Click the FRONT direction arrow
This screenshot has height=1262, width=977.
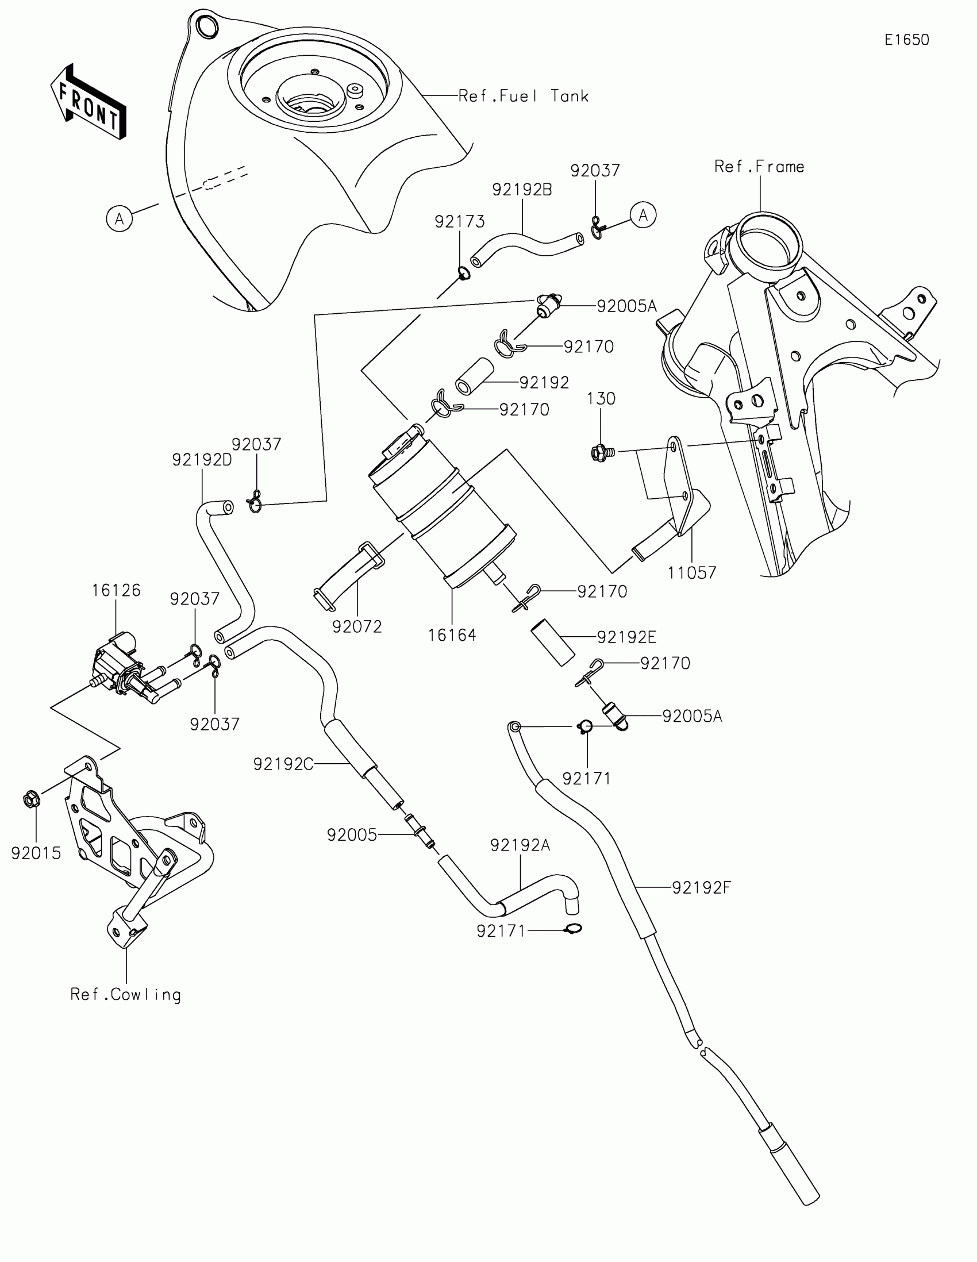pyautogui.click(x=88, y=102)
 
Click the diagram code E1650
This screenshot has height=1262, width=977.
pyautogui.click(x=906, y=40)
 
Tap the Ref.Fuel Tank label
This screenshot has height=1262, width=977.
pyautogui.click(x=523, y=96)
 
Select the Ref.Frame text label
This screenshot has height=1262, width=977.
pyautogui.click(x=759, y=167)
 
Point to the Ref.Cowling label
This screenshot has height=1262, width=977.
pyautogui.click(x=125, y=994)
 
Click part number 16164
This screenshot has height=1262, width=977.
pyautogui.click(x=452, y=635)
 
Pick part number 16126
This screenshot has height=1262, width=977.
pyautogui.click(x=116, y=590)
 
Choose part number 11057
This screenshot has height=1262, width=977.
pyautogui.click(x=691, y=572)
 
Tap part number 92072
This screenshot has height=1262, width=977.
pyautogui.click(x=357, y=626)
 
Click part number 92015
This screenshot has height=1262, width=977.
pyautogui.click(x=36, y=853)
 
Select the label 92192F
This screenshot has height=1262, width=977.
pyautogui.click(x=701, y=887)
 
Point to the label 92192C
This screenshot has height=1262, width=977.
pyautogui.click(x=283, y=764)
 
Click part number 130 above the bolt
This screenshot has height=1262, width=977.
pyautogui.click(x=601, y=399)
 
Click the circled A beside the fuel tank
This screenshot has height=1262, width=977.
pyautogui.click(x=120, y=219)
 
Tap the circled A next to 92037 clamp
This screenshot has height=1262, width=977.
pyautogui.click(x=643, y=215)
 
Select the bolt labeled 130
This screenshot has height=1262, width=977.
pyautogui.click(x=600, y=452)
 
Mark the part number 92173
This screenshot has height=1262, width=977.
pyautogui.click(x=459, y=221)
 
